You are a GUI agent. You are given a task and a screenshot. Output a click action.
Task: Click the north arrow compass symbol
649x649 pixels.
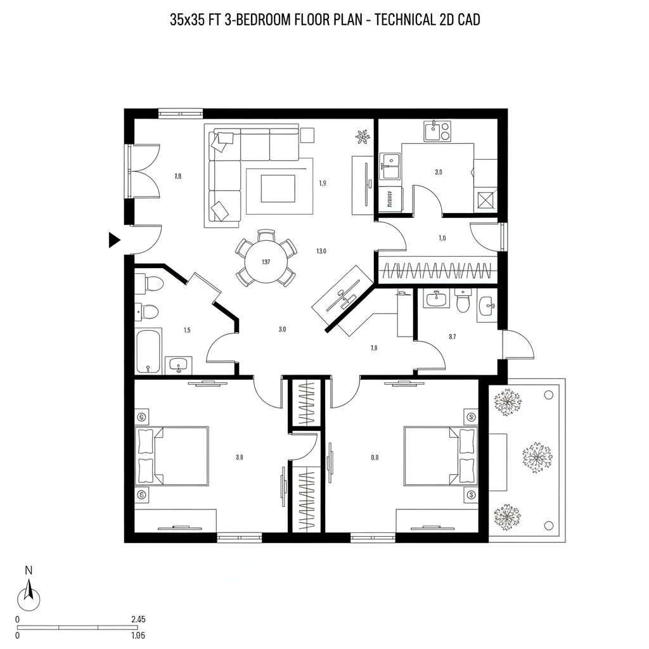29,596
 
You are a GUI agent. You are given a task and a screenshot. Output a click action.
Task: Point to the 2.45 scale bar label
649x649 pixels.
138,619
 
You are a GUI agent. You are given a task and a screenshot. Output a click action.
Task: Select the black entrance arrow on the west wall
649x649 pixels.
114,240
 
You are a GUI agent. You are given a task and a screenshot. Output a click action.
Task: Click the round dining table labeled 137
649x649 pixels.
266,262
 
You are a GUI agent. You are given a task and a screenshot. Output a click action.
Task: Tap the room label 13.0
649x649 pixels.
321,251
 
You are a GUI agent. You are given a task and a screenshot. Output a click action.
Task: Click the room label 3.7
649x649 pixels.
452,337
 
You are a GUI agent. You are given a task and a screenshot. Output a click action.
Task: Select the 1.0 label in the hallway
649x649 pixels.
442,238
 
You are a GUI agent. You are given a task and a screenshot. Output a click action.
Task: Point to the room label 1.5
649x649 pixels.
187,330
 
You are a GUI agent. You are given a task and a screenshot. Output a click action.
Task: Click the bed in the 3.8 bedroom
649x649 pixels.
172,456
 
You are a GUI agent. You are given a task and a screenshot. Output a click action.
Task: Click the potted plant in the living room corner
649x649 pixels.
363,135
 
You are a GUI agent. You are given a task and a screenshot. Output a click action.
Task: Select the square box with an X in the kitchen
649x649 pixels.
486,201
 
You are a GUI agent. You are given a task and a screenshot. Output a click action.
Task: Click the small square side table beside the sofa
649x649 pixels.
307,135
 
